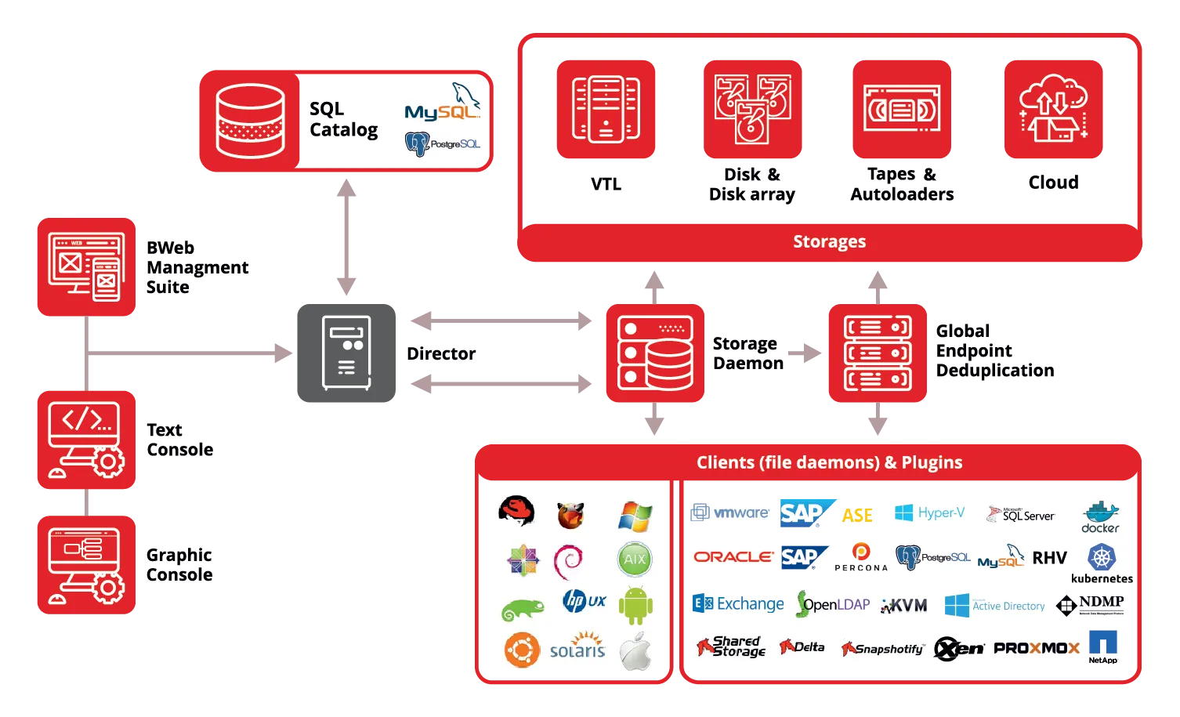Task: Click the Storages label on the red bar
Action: [829, 241]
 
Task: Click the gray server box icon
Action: [347, 353]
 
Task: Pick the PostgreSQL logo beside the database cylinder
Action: [443, 143]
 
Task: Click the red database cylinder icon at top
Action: [250, 120]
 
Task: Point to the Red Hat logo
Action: [516, 511]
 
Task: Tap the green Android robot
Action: [635, 605]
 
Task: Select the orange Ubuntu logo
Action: [522, 650]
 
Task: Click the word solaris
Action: [577, 650]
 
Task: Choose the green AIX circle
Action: [635, 559]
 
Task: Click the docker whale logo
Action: [1100, 516]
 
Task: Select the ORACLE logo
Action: [733, 557]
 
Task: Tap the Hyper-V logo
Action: [929, 513]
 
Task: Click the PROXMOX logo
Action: [1036, 648]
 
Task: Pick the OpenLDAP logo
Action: [834, 604]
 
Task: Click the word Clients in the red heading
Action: [725, 462]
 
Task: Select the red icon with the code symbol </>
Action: [86, 439]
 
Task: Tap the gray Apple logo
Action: [635, 651]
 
